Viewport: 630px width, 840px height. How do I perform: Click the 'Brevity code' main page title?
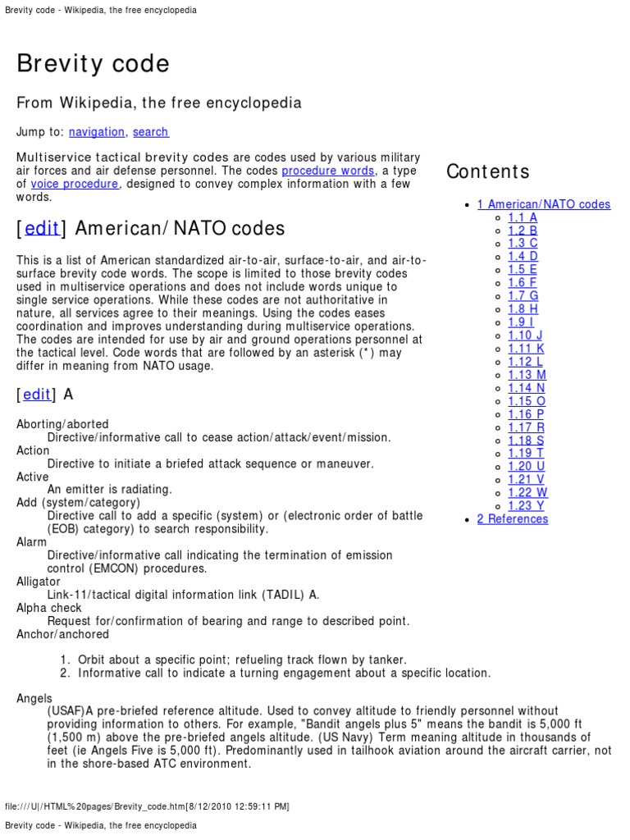click(x=93, y=64)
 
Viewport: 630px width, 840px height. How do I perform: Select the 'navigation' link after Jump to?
click(x=97, y=132)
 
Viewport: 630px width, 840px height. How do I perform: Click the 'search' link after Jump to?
click(x=150, y=132)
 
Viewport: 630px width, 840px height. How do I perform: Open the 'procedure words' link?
click(x=328, y=171)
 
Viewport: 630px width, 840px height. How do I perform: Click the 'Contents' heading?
click(x=488, y=171)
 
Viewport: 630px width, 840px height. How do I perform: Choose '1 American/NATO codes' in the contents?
click(x=544, y=204)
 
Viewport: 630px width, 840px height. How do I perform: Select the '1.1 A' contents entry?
click(x=523, y=217)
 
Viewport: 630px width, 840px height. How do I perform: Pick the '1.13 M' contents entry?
click(x=527, y=375)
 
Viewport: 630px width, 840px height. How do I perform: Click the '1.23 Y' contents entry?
click(x=526, y=506)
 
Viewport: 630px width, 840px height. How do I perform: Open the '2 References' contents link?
click(x=513, y=519)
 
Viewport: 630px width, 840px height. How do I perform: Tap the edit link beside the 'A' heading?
click(x=37, y=395)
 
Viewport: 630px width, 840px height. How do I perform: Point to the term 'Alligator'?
click(x=39, y=582)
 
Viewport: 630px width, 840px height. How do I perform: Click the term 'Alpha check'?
click(x=49, y=608)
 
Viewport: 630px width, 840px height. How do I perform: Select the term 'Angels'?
click(x=34, y=698)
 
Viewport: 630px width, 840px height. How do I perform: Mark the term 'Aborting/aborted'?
click(x=62, y=424)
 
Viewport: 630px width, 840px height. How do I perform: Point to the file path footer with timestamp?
click(x=147, y=806)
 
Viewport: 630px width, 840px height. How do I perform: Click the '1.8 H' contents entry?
click(x=523, y=309)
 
